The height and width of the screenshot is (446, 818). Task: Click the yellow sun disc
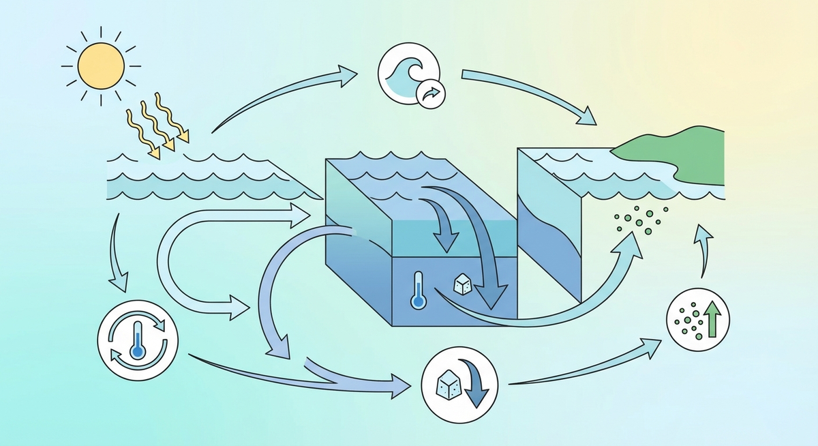101,66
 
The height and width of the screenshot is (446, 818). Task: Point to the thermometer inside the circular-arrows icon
138,339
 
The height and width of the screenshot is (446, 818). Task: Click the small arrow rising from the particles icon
702,252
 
